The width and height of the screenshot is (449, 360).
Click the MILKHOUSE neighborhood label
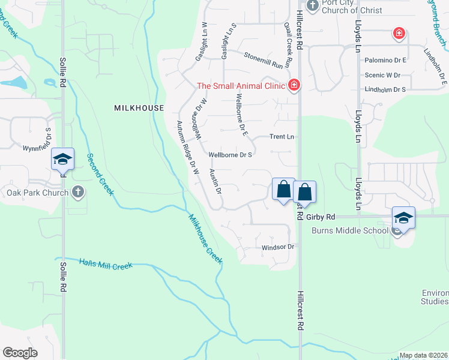click(x=139, y=107)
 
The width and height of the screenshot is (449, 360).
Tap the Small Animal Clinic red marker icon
click(x=294, y=85)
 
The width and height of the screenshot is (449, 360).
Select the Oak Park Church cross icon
click(x=77, y=193)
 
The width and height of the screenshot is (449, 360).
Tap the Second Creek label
click(x=100, y=174)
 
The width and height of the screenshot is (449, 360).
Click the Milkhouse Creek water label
click(x=205, y=239)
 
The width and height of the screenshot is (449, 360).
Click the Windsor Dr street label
click(x=277, y=247)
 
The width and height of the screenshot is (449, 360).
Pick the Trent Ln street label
click(x=282, y=137)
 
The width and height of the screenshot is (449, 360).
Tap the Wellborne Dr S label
click(x=229, y=154)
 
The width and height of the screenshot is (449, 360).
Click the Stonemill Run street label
click(x=263, y=59)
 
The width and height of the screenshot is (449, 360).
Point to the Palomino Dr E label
click(x=386, y=61)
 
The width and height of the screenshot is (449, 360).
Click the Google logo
click(x=20, y=353)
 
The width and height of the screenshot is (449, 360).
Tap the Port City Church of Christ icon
click(x=312, y=5)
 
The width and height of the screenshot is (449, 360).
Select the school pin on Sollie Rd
click(x=62, y=159)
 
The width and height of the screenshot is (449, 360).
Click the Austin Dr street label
click(x=215, y=181)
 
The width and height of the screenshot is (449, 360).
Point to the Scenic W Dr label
click(x=382, y=75)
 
